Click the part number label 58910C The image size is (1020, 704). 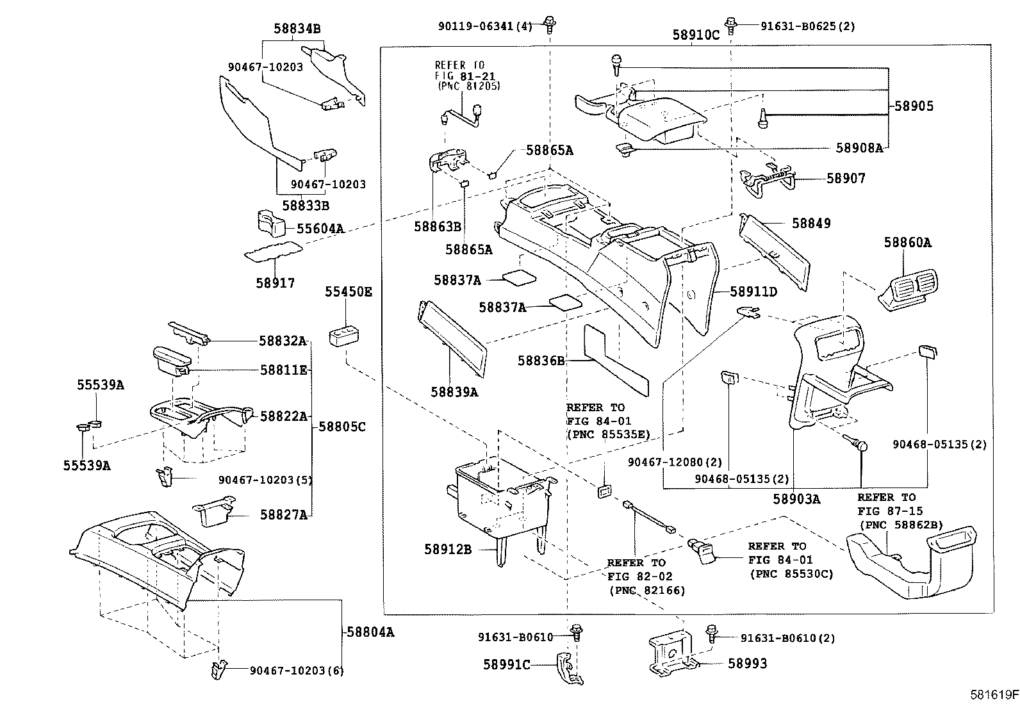[696, 35]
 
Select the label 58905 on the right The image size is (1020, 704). [914, 106]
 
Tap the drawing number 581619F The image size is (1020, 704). [993, 694]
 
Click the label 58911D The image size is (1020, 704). [753, 292]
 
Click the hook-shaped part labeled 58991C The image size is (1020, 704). [567, 667]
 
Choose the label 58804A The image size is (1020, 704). [370, 632]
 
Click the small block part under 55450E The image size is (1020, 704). [343, 336]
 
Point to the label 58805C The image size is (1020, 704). [342, 426]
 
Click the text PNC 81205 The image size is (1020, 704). [468, 86]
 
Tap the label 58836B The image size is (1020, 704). [541, 361]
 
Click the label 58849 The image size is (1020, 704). [810, 224]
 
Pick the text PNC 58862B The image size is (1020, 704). [900, 525]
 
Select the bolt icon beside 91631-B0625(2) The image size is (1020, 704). [732, 24]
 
